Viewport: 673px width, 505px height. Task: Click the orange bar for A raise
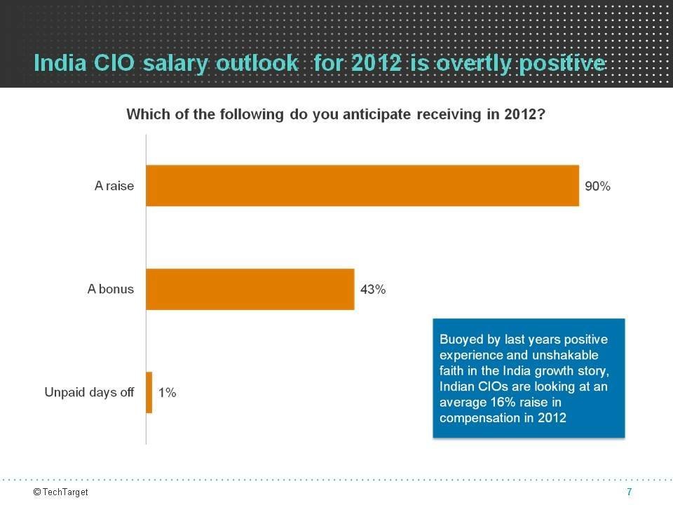(362, 186)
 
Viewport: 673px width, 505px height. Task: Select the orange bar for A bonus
(250, 289)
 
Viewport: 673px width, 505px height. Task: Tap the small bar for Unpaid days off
(149, 392)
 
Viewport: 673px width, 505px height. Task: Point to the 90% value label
(598, 187)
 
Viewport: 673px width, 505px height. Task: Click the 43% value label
(373, 289)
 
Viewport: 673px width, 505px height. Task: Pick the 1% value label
(167, 393)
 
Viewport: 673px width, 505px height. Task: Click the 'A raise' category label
(114, 187)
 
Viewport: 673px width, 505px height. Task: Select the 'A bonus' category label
(111, 289)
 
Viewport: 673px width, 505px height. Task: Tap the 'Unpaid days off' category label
(89, 392)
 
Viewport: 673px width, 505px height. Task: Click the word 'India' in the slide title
(56, 64)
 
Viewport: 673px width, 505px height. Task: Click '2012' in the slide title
(377, 64)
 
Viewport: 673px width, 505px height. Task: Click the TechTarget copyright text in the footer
(61, 492)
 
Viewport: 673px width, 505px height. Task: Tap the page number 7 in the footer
(630, 492)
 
